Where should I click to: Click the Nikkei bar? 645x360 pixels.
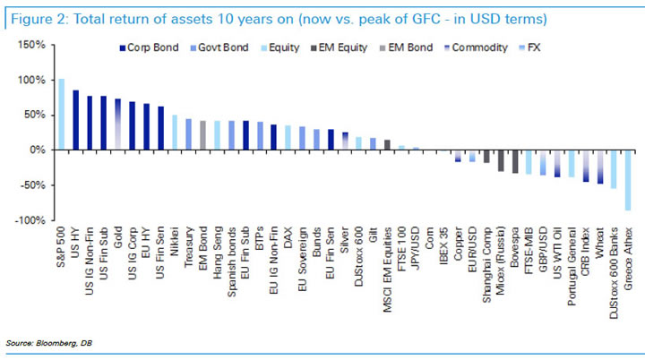pyautogui.click(x=174, y=133)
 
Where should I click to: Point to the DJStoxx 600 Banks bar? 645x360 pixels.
pyautogui.click(x=612, y=169)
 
